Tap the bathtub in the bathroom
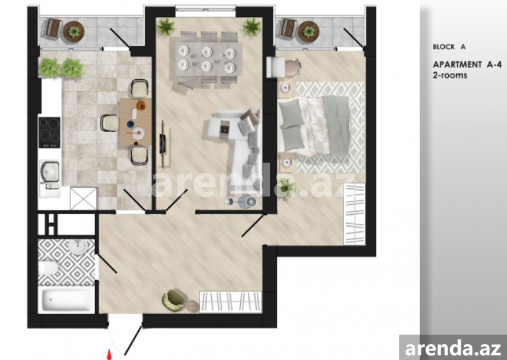67,300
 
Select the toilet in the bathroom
48,268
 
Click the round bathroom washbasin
77,247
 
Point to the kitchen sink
50,172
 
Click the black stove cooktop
49,132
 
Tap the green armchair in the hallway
174,301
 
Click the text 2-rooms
450,75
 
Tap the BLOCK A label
449,47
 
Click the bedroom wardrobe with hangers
354,214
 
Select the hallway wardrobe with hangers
231,302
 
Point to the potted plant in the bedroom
287,187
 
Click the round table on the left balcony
74,32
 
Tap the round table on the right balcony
309,32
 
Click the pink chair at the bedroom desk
293,67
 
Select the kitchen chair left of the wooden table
110,123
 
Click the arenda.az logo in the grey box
453,349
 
